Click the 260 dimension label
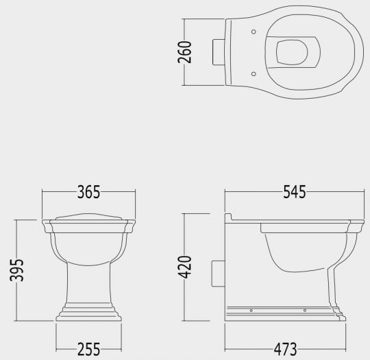click(x=185, y=51)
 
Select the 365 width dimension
click(x=88, y=193)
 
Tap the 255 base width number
click(x=88, y=350)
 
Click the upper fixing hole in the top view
click(x=254, y=32)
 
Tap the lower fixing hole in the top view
click(x=254, y=72)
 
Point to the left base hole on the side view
click(x=251, y=311)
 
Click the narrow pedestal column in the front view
click(x=88, y=285)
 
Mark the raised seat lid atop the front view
click(x=88, y=217)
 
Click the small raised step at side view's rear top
click(x=233, y=216)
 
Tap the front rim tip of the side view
click(x=357, y=225)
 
